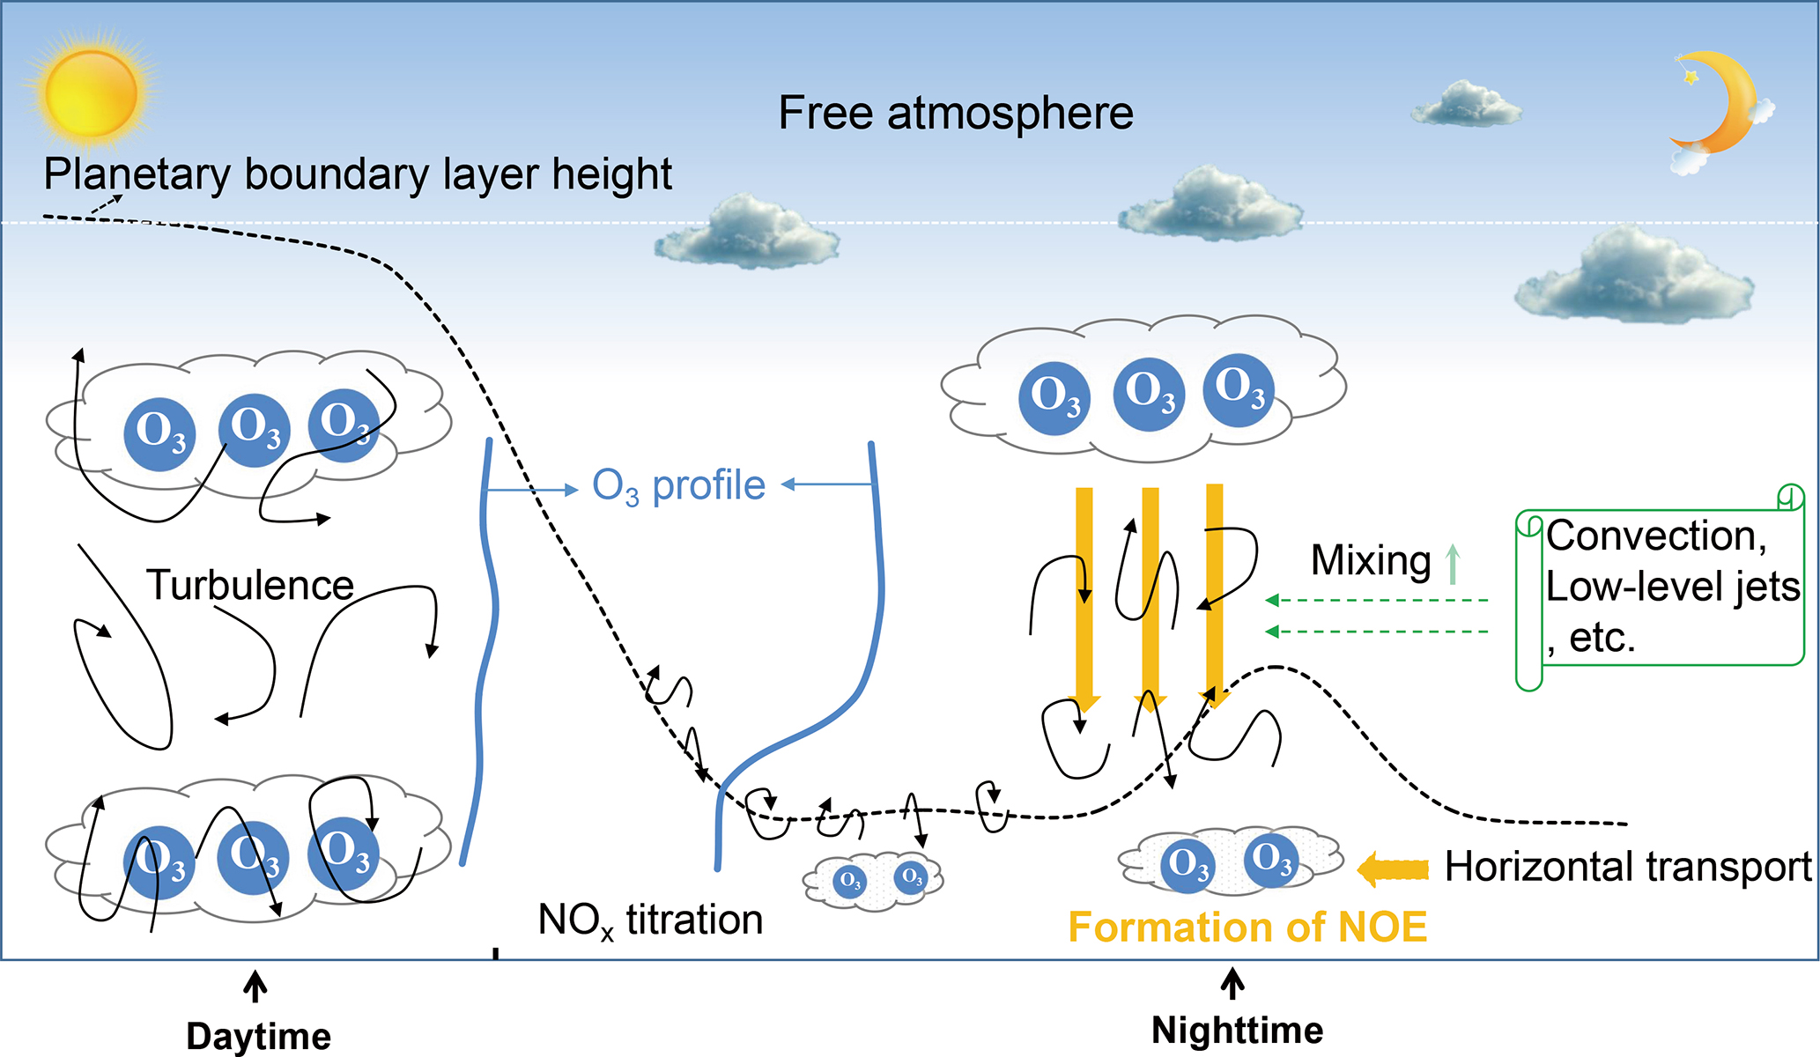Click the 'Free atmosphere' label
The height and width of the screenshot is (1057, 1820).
point(956,114)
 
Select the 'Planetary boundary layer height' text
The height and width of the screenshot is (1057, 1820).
point(358,174)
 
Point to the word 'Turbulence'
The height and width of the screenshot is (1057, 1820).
point(250,585)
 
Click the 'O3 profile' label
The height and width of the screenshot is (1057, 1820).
point(678,486)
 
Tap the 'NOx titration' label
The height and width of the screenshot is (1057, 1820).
point(650,920)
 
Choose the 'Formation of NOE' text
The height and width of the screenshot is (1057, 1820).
point(1247,928)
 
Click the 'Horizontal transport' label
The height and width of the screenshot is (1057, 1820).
point(1628,867)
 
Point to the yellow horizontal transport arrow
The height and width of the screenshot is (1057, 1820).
point(1393,869)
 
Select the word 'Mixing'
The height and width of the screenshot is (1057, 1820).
point(1371,561)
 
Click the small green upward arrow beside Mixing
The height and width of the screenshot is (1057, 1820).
point(1454,564)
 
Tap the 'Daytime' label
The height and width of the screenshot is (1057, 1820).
point(259,1036)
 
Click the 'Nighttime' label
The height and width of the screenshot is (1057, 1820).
point(1237,1030)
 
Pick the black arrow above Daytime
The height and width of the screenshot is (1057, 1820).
point(255,987)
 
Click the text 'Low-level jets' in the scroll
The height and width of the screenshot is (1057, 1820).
point(1672,588)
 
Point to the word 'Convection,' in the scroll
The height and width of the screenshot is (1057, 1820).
point(1656,536)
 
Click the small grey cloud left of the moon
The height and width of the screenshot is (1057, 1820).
point(1466,104)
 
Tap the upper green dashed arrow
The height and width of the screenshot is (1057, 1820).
point(1377,601)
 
